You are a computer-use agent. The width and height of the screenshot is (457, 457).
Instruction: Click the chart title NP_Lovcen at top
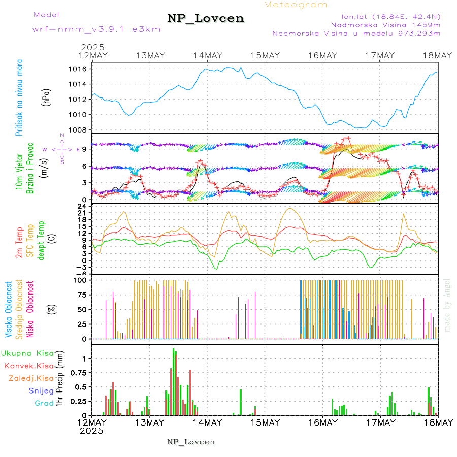point(206,19)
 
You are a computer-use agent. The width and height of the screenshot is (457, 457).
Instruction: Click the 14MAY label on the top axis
point(207,55)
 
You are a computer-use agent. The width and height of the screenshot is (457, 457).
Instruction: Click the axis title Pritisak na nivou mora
point(19,98)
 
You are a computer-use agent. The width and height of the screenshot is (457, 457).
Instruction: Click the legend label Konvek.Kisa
point(28,366)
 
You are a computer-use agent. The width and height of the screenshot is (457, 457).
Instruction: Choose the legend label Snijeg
point(41,390)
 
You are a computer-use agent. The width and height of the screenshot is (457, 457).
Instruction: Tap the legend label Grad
point(44,403)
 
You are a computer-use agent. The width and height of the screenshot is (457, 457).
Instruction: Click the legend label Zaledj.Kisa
point(31,378)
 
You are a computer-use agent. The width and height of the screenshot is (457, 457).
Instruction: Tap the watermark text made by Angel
point(447,304)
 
